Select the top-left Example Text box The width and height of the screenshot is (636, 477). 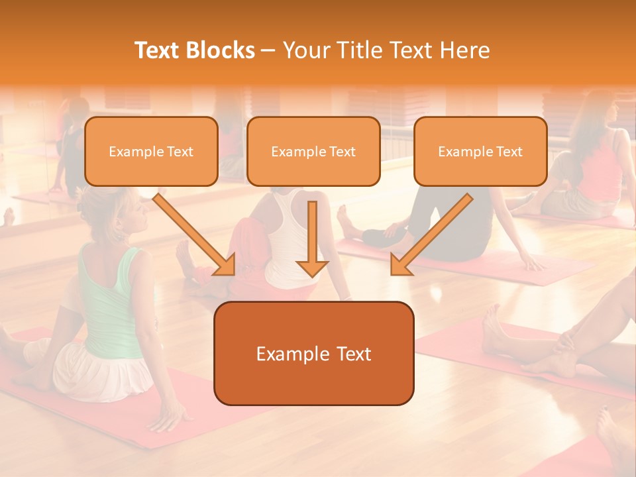[x=151, y=152]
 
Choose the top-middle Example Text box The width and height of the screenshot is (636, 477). [x=313, y=152]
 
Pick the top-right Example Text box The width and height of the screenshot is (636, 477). [x=480, y=152]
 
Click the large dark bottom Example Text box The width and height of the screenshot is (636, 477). [x=313, y=353]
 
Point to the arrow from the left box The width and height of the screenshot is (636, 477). [x=195, y=235]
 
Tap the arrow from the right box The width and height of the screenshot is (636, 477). [x=431, y=235]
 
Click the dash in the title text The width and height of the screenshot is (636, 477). [x=268, y=51]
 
